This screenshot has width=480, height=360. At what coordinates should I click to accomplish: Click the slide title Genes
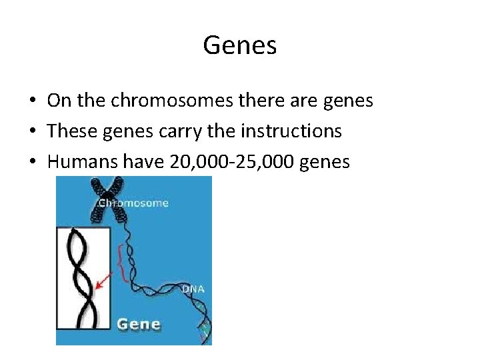(239, 46)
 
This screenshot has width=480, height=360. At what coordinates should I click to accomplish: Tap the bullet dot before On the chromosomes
(32, 102)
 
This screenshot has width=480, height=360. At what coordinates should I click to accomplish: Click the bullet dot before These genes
(32, 132)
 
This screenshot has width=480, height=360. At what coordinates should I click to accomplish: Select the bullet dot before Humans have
(32, 161)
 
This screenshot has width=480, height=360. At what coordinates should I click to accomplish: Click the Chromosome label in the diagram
(133, 203)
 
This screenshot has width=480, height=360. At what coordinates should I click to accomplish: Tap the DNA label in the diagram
(193, 289)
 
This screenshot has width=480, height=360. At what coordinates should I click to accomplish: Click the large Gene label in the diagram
(139, 325)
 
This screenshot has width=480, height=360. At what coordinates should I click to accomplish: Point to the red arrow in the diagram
(103, 281)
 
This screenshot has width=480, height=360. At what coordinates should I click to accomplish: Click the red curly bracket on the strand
(121, 263)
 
